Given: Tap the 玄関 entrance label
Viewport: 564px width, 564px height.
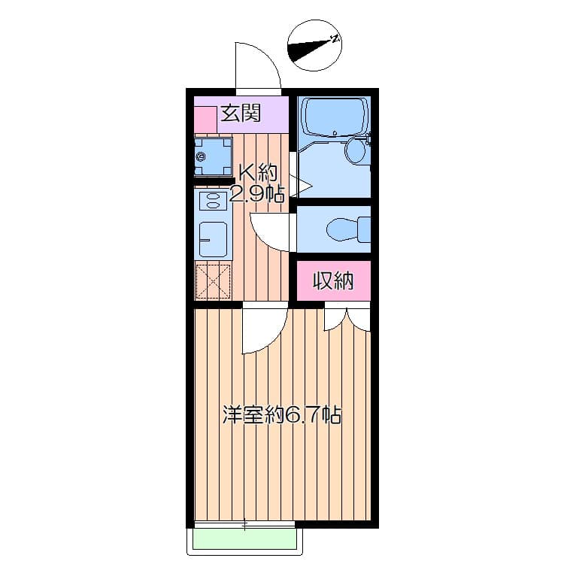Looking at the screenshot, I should pyautogui.click(x=241, y=114).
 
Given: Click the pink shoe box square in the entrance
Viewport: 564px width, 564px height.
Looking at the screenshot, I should pyautogui.click(x=205, y=120).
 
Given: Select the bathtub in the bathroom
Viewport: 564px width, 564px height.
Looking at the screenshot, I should pyautogui.click(x=333, y=117).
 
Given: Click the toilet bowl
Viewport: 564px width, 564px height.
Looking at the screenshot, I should pyautogui.click(x=347, y=227).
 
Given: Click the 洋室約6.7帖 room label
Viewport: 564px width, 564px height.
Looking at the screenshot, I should pyautogui.click(x=281, y=414).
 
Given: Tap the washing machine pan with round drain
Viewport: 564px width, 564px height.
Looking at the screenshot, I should pyautogui.click(x=212, y=157).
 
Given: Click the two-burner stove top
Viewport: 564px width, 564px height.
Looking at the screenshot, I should pyautogui.click(x=214, y=201).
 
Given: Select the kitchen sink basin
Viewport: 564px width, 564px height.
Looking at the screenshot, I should pyautogui.click(x=212, y=238).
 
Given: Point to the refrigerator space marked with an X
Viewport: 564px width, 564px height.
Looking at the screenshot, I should pyautogui.click(x=213, y=282).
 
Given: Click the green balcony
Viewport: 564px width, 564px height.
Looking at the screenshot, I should pyautogui.click(x=245, y=539).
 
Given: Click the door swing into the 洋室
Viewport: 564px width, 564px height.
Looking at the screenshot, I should pyautogui.click(x=263, y=331).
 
